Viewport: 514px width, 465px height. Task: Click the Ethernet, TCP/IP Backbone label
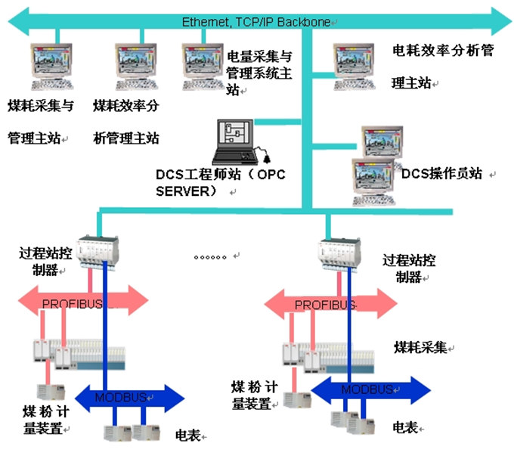tap(255, 22)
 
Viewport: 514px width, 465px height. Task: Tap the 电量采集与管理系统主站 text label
tap(259, 73)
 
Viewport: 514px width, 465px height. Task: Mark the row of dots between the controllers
tap(211, 257)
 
